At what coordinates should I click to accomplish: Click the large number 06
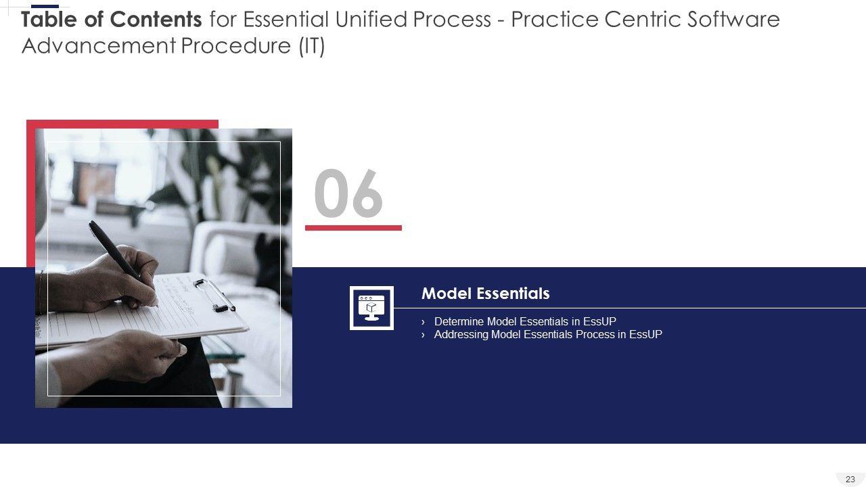tap(348, 193)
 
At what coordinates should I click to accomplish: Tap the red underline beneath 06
tap(353, 228)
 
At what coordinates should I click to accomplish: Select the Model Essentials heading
tap(486, 294)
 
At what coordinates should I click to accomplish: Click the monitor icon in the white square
tap(371, 308)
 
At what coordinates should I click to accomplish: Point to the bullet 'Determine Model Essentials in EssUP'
tap(525, 321)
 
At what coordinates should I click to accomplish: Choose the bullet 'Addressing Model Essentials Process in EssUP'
tap(548, 334)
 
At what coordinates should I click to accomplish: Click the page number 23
tap(850, 480)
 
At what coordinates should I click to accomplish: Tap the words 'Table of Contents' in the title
tap(112, 20)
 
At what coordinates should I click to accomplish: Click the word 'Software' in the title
tap(733, 20)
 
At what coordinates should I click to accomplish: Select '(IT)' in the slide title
tap(312, 46)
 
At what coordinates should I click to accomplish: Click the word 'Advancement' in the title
tap(99, 46)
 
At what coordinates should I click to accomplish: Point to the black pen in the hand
tap(116, 251)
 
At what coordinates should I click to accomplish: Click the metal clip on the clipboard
tap(214, 296)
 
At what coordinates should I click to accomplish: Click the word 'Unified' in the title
tap(371, 20)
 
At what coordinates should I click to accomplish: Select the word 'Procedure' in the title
tap(236, 46)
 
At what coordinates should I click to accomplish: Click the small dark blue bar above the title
tap(45, 7)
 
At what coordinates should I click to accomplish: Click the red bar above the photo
tap(122, 124)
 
